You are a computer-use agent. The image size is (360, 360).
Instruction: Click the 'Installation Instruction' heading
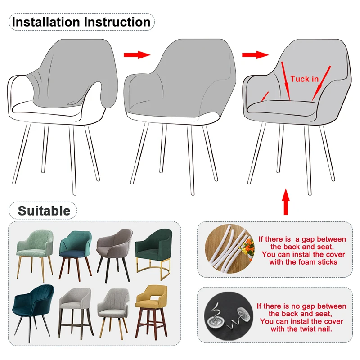coord(81,22)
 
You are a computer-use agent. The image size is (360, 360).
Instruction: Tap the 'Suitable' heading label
coord(44,211)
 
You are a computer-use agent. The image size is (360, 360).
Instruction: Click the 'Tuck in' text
coord(304,79)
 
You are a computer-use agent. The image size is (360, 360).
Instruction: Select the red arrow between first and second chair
coord(136,55)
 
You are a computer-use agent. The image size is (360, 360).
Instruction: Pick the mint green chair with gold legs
coord(35,252)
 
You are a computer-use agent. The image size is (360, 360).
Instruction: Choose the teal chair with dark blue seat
coord(75,252)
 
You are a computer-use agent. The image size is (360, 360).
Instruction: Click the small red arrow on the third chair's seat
coord(265,96)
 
